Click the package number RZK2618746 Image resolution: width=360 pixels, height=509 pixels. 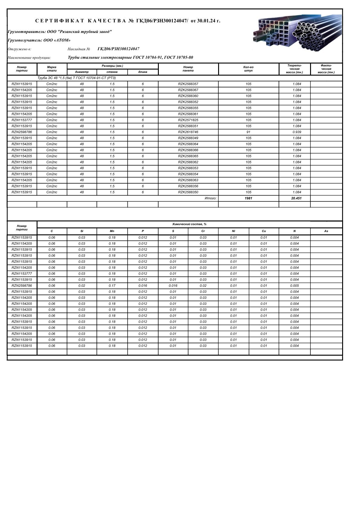coord(188,132)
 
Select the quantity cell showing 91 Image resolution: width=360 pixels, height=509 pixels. coord(248,132)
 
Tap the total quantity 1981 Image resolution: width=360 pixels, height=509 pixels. coord(248,198)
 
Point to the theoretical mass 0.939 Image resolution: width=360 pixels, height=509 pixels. coord(297,132)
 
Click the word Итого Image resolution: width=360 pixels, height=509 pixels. coord(211,198)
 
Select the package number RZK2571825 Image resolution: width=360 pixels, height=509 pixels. coord(188,120)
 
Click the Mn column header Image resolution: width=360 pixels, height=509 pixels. coord(112,231)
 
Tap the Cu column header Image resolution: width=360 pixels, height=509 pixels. coord(264,231)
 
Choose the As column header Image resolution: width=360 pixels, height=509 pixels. coord(326,231)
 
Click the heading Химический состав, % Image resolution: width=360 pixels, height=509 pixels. coord(189,224)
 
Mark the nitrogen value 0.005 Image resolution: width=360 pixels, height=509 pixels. coord(294,286)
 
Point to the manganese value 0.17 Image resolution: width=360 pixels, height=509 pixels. coord(112,286)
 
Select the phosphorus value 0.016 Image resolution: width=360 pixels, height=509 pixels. coord(143,286)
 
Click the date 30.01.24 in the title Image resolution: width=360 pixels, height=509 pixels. coord(206,21)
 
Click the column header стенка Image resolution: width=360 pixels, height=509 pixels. coord(112,72)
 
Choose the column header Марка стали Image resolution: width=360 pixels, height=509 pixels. coord(52,69)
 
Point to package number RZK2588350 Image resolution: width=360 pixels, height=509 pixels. coord(188,192)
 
